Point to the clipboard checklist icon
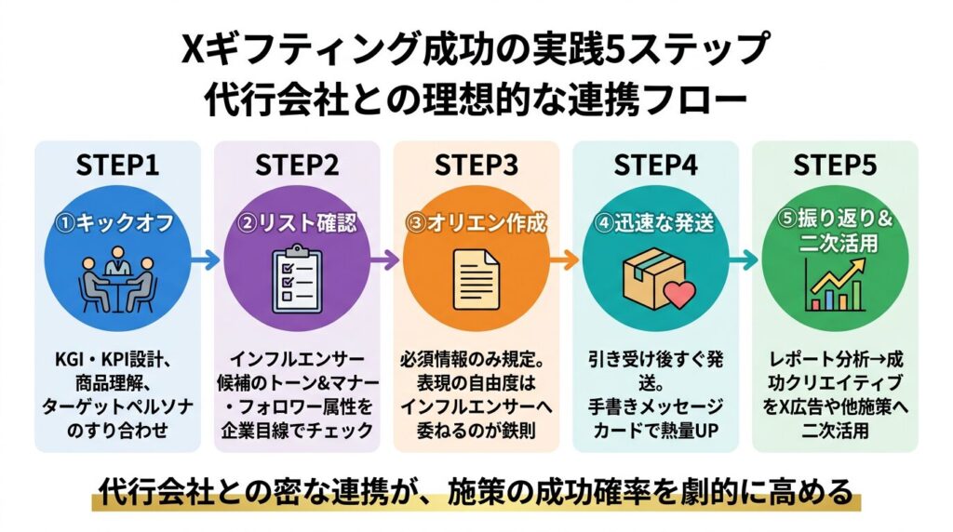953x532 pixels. coord(297,277)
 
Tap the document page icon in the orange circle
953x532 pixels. coord(476,277)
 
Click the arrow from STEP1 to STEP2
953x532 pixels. coord(208,261)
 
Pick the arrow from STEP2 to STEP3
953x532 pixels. coord(386,261)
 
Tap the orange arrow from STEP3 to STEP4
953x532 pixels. coord(566,261)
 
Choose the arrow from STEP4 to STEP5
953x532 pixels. coord(745,261)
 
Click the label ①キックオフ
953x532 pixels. coord(117,224)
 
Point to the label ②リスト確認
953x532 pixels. coord(297,224)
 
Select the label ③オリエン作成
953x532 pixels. coord(476,224)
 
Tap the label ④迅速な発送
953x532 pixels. coord(656,224)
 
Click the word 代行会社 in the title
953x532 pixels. coord(249,98)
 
